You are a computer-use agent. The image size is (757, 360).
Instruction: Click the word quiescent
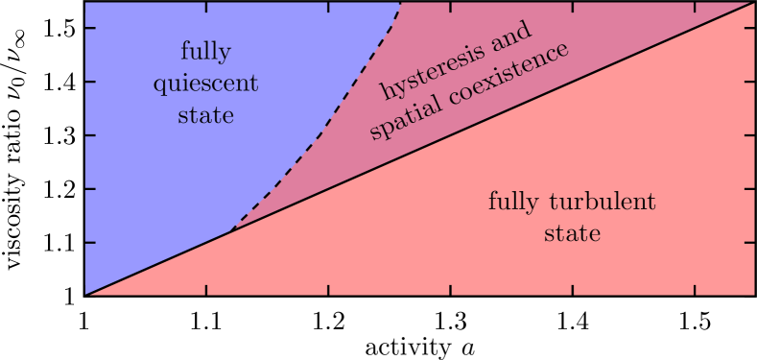[205, 84]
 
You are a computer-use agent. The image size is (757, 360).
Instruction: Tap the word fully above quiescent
[205, 51]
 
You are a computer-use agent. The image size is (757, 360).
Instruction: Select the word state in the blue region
[205, 115]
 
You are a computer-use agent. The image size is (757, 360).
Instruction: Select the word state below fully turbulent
[572, 233]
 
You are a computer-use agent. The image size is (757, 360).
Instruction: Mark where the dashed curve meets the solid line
[231, 232]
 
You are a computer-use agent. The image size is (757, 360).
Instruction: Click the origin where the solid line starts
[85, 295]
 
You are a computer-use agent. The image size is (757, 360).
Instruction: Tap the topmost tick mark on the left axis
[90, 28]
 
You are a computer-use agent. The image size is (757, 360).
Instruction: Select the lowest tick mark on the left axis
[90, 242]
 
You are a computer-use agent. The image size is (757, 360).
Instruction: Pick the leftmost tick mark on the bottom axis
[207, 290]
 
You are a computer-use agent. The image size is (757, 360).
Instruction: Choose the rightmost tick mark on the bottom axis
[695, 290]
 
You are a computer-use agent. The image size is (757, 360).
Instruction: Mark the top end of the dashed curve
[400, 3]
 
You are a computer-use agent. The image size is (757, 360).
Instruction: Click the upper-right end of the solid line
[753, 3]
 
